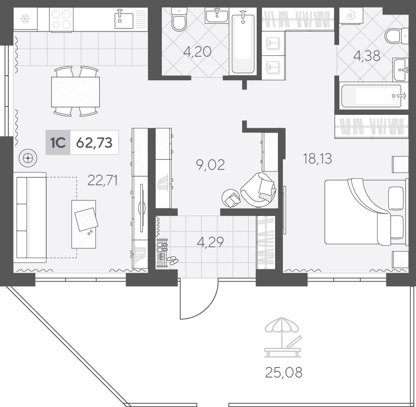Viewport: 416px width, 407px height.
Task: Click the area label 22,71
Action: [102, 181]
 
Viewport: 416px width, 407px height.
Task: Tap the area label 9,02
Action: [210, 164]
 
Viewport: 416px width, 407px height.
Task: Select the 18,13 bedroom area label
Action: [317, 159]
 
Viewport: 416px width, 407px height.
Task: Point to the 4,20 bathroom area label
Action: [197, 52]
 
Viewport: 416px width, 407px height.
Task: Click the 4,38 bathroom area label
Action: [366, 56]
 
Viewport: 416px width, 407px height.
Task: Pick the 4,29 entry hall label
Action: [210, 242]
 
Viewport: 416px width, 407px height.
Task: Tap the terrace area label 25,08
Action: [284, 372]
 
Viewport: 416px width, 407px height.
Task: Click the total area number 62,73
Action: [94, 143]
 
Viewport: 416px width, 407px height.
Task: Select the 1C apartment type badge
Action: [58, 142]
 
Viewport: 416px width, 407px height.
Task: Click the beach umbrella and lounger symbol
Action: [283, 337]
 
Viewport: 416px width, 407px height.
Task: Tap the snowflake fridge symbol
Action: [25, 19]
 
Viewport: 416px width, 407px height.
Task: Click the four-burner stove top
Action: [61, 20]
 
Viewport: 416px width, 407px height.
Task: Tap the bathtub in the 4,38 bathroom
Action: [371, 96]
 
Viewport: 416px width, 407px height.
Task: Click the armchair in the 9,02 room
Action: [258, 189]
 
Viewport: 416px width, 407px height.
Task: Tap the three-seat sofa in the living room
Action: [30, 217]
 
